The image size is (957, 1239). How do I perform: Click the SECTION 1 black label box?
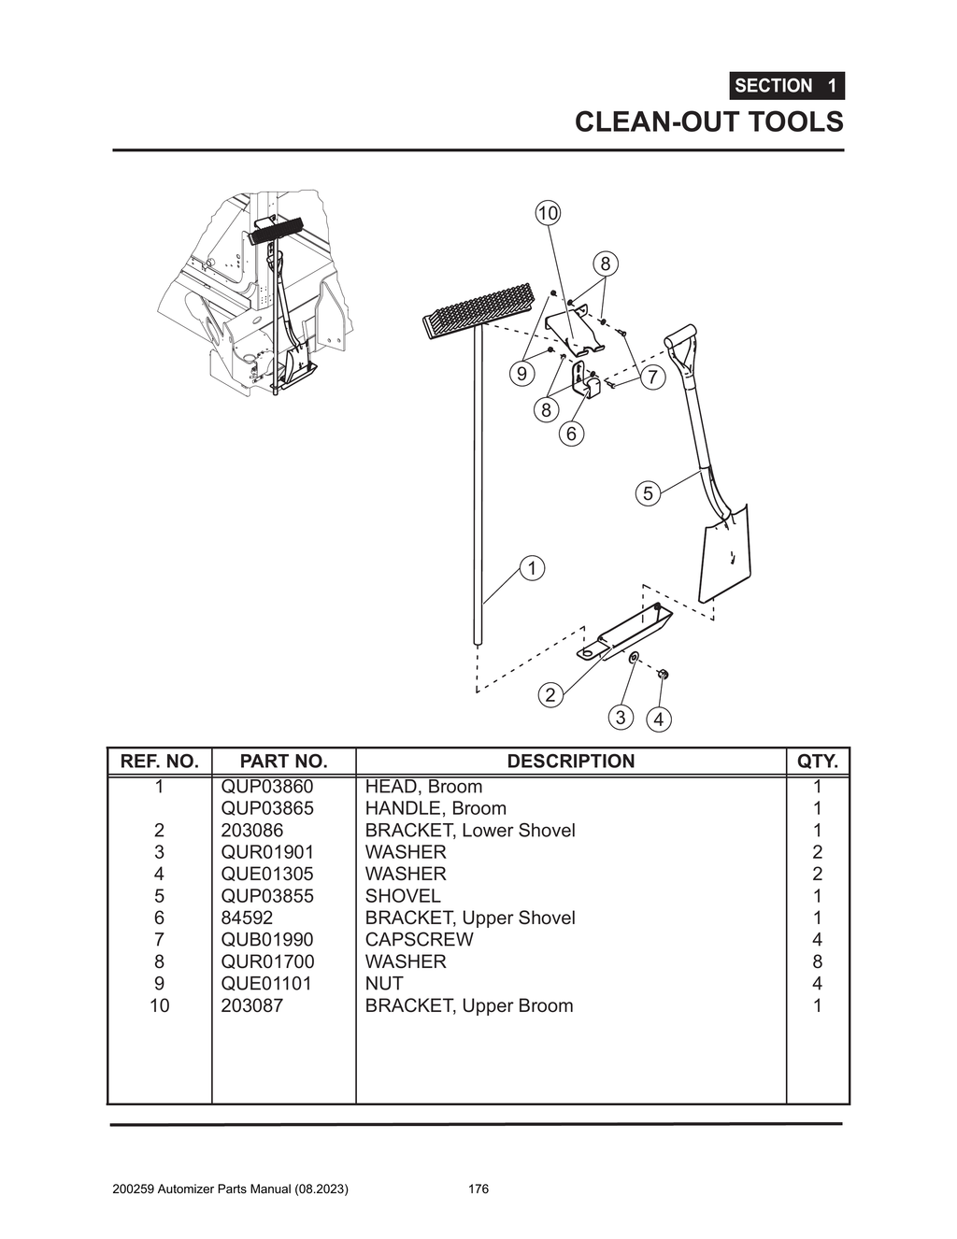coord(786,86)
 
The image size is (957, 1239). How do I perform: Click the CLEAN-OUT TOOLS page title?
coord(708,122)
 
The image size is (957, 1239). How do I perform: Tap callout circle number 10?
coord(548,213)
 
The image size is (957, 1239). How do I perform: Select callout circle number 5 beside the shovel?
coord(649,492)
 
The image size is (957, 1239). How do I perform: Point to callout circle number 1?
coord(532,568)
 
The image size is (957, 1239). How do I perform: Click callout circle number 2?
coord(550,694)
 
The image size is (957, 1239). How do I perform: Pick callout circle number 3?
coord(621,717)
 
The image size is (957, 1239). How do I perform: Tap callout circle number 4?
coord(659,719)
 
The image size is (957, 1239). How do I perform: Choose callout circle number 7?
coord(652,377)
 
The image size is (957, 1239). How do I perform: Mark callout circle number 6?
coord(571,434)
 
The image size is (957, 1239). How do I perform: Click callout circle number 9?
coord(521,374)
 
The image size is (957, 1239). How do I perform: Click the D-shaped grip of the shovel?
coord(680,338)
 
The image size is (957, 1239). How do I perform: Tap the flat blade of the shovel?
coord(726,553)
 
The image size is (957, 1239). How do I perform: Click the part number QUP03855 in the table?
coord(267,895)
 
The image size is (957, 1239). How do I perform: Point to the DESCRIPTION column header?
coord(570,762)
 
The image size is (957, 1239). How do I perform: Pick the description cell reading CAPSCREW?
coord(419,939)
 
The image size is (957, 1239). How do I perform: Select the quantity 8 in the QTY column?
coord(817,961)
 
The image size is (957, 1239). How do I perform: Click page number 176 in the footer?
coord(478,1189)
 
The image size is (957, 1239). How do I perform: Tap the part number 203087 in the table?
coord(251,1005)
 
